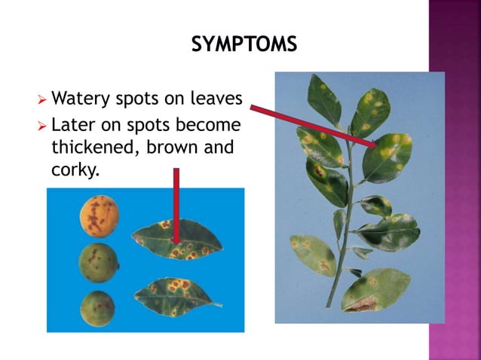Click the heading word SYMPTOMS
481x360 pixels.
tap(244, 45)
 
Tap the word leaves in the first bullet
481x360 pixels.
tap(216, 99)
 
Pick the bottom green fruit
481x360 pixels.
tap(97, 307)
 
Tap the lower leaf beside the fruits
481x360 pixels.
tap(177, 294)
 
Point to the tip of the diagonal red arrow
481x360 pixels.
tap(377, 145)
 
